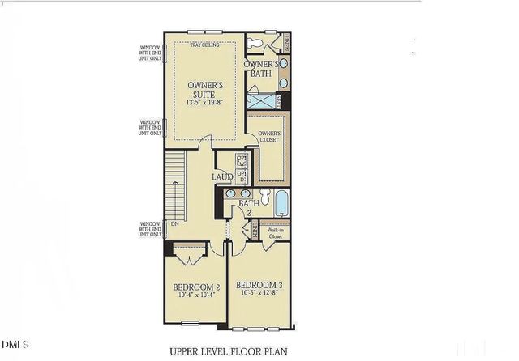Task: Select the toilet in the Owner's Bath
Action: (x=254, y=43)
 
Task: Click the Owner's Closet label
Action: (x=269, y=136)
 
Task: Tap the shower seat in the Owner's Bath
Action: (x=277, y=100)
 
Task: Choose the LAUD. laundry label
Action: (x=223, y=176)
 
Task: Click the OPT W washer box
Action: (x=242, y=161)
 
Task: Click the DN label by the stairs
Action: (x=174, y=224)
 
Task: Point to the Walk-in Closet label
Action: (x=275, y=232)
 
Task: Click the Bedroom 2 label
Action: (x=195, y=287)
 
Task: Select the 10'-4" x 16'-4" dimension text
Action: (x=195, y=295)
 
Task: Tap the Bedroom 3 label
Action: (x=259, y=285)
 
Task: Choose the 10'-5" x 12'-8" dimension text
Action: (x=259, y=294)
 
